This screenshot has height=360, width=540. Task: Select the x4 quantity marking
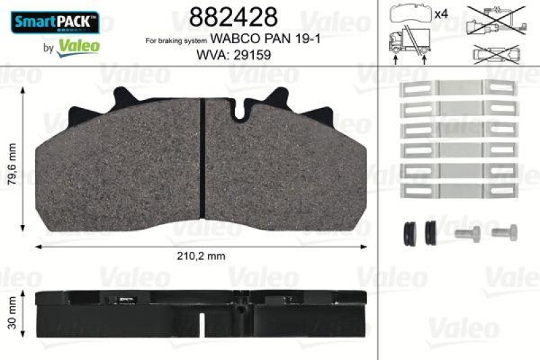click(441, 14)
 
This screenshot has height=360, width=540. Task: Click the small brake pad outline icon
click(409, 14)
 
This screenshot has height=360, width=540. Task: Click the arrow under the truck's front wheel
click(396, 59)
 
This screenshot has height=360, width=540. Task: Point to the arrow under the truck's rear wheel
click(424, 59)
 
